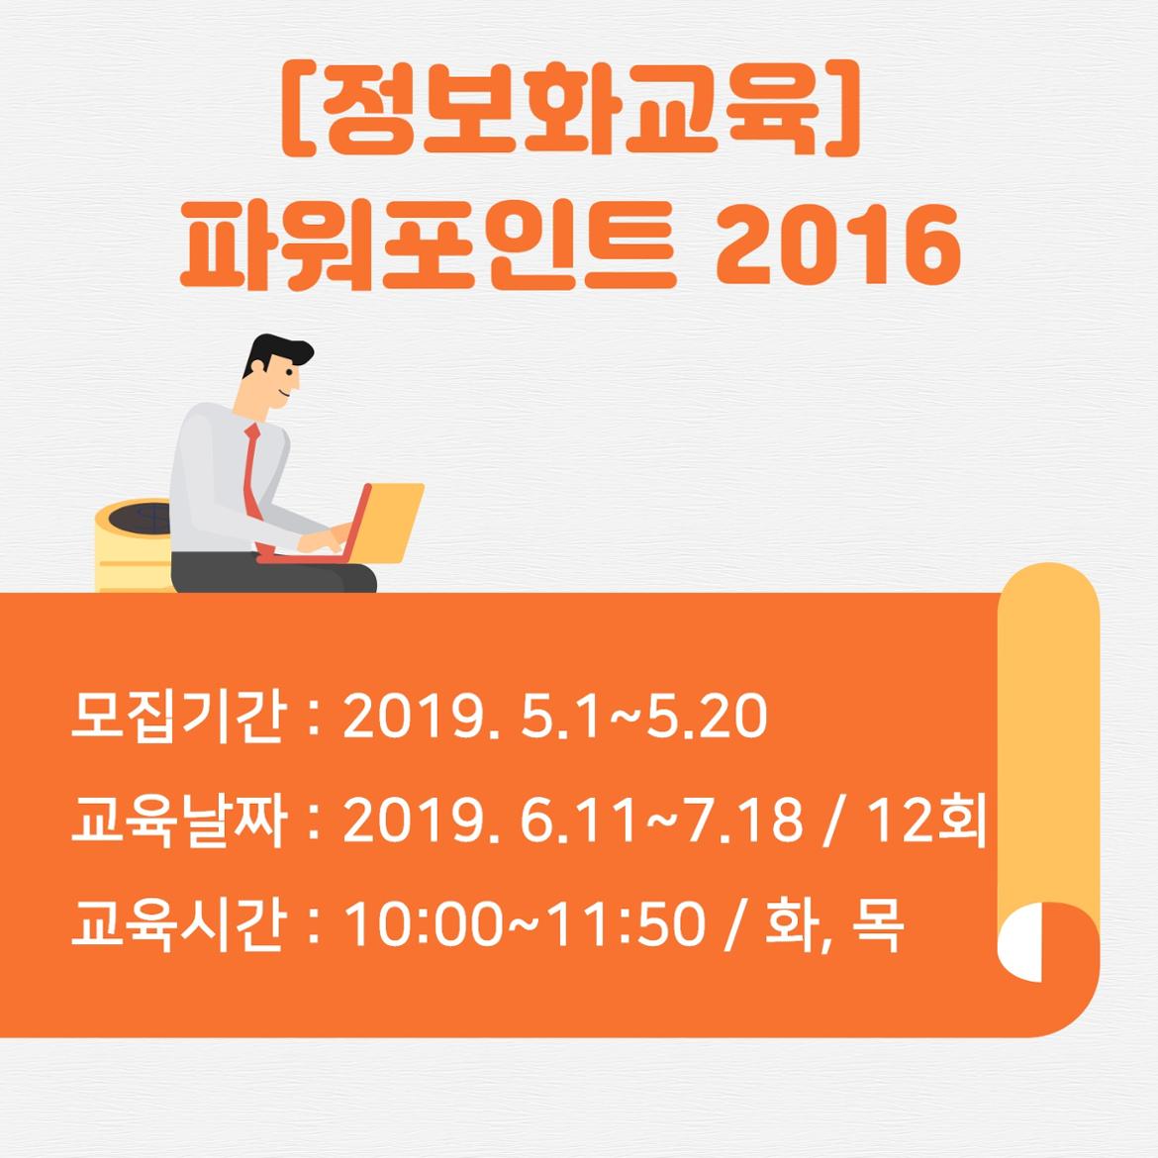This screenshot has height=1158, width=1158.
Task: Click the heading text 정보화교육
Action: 573,109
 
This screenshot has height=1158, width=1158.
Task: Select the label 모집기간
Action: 176,716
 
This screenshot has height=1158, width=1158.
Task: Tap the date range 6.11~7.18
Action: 661,820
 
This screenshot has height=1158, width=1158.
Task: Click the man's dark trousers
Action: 273,572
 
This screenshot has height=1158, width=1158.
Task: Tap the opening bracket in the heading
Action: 299,109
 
